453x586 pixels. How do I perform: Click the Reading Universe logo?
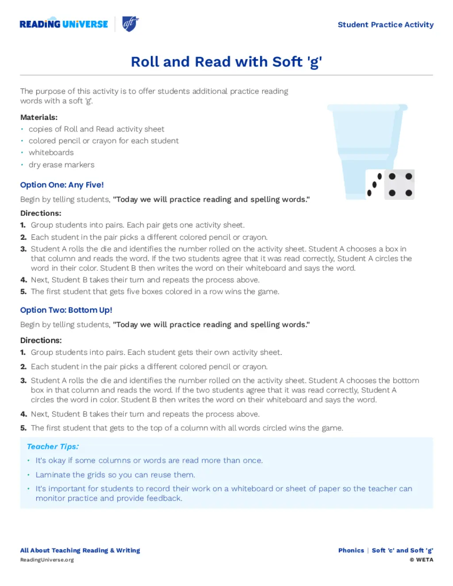tap(64, 24)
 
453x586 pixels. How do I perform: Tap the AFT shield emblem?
tap(130, 24)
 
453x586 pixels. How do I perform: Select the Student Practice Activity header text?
tap(385, 25)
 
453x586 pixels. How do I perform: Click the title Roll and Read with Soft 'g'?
tap(226, 61)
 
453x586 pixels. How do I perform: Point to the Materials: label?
tap(39, 117)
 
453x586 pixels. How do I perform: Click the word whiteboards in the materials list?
tap(51, 153)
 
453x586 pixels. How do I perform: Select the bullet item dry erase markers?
tap(61, 165)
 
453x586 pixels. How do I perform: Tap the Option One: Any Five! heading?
tap(62, 185)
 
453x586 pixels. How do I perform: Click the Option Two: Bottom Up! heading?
tap(66, 310)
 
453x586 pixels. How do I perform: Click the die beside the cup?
tap(399, 184)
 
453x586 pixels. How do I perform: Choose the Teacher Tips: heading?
tap(53, 447)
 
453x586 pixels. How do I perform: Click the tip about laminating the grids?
tap(115, 475)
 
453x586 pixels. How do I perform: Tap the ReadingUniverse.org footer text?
tap(47, 560)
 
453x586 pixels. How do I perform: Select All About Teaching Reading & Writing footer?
tap(80, 551)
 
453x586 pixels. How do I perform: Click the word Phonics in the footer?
tap(351, 551)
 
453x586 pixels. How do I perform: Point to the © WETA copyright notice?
tap(421, 560)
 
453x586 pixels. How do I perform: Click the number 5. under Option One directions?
tap(23, 292)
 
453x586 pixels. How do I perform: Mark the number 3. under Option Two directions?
tap(23, 380)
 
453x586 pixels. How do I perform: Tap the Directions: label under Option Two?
tap(41, 340)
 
